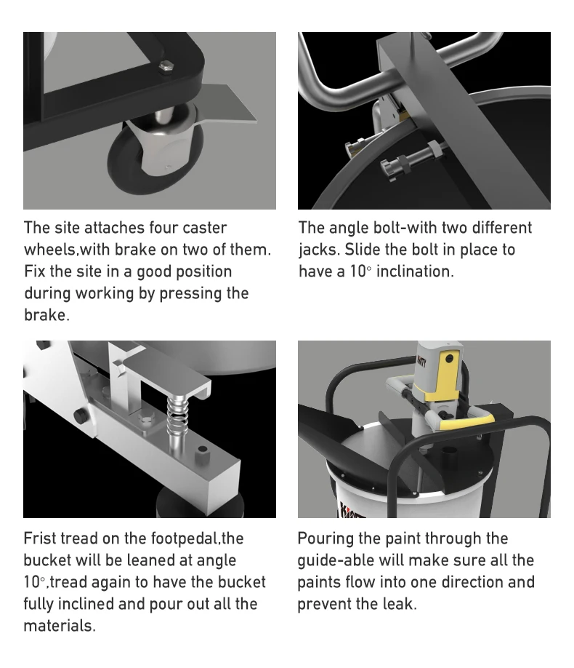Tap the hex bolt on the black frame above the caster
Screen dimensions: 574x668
point(166,68)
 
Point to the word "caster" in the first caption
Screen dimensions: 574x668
point(204,228)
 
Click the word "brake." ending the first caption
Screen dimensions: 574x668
point(47,315)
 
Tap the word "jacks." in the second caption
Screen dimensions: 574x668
point(319,250)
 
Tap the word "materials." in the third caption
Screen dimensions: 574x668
point(60,626)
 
